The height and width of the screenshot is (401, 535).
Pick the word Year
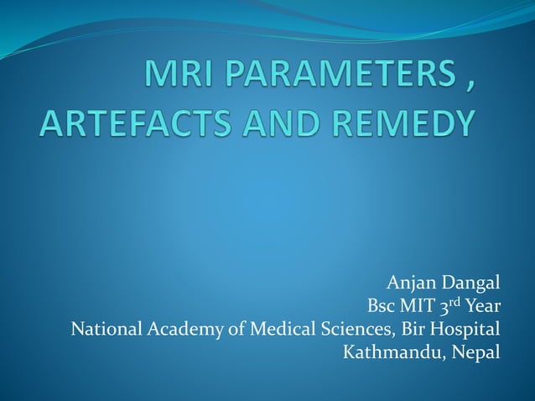(x=484, y=305)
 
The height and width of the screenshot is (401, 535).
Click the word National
(x=106, y=328)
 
